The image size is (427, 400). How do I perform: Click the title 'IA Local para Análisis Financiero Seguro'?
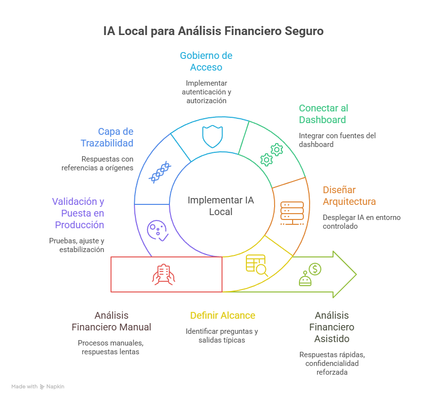coord(213,32)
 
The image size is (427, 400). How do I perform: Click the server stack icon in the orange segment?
coord(292,212)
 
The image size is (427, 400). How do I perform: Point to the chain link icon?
coord(160,172)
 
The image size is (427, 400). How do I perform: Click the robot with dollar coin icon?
coord(310,274)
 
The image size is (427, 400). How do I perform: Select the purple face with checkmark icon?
coord(158,230)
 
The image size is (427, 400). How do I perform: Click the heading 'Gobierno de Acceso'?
coord(206,61)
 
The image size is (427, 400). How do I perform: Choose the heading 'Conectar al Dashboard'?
coord(323,114)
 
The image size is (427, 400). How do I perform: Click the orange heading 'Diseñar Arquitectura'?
coord(349,196)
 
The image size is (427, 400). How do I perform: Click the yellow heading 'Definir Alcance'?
coord(222,315)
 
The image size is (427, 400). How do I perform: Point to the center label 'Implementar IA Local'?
coord(221,206)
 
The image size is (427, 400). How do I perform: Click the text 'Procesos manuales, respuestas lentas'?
coord(111,347)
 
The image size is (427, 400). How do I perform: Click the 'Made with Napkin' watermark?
coord(38,386)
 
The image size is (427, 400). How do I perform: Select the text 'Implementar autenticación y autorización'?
coord(206,91)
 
